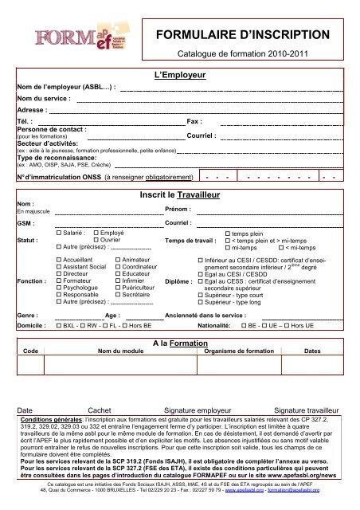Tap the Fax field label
194,121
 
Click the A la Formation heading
179,341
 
